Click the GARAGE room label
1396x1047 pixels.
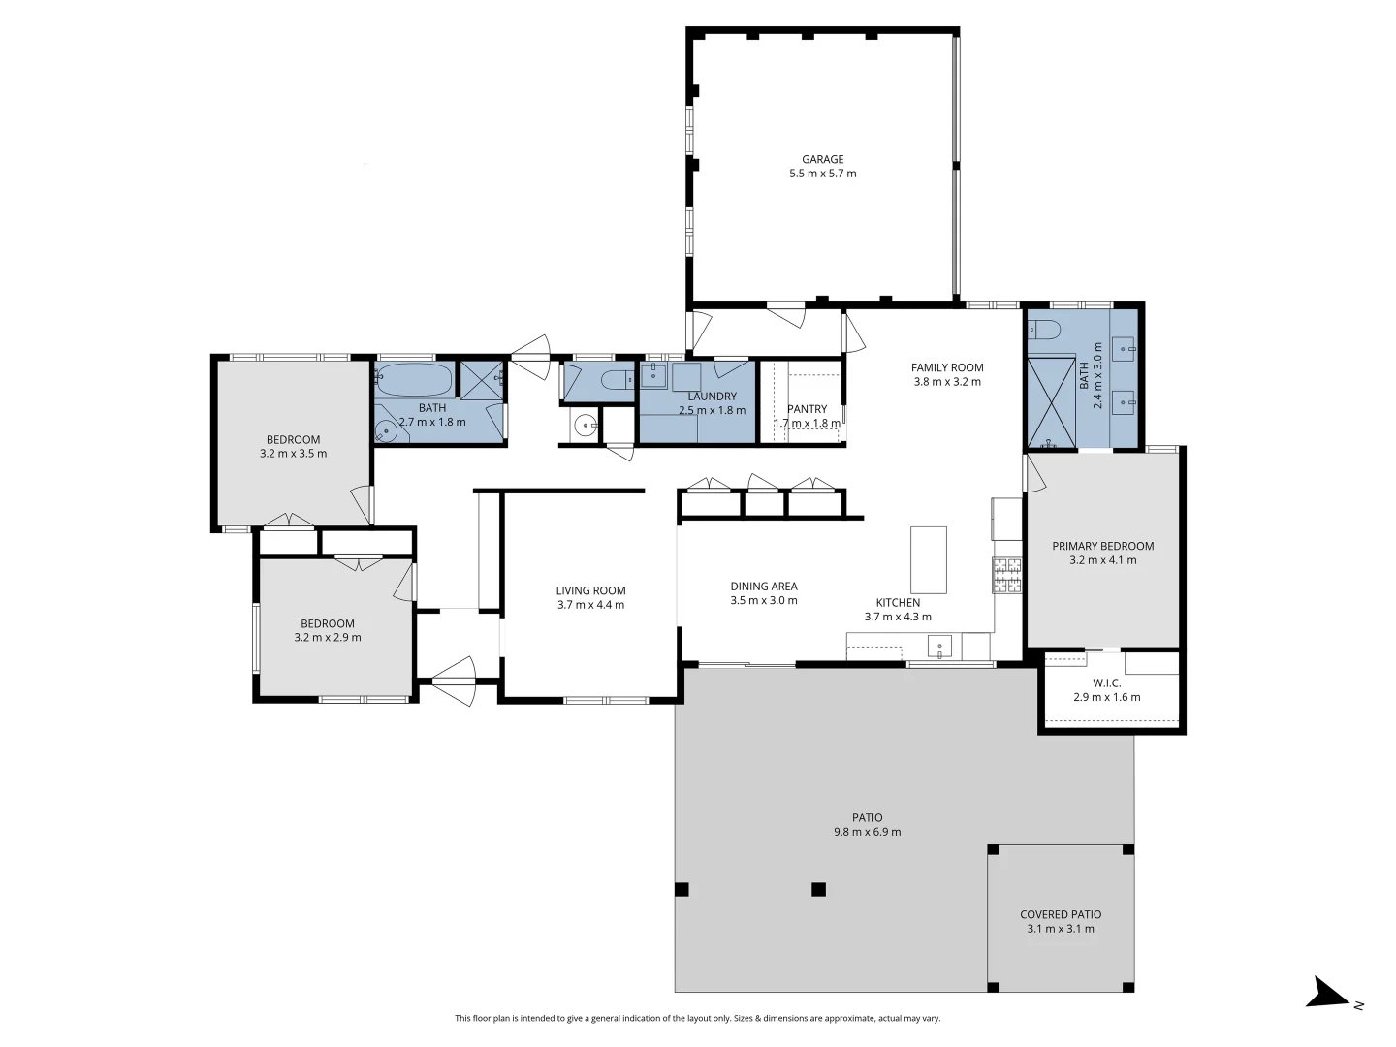822,159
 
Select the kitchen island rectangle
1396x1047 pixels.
928,559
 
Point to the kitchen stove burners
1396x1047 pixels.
1006,575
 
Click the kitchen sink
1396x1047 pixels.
938,648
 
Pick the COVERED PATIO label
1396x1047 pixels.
1061,914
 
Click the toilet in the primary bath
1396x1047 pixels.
1044,330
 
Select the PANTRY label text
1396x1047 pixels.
807,409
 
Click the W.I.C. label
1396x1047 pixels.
1107,682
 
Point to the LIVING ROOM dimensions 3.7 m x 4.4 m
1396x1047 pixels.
590,605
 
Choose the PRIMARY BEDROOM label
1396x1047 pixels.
1103,546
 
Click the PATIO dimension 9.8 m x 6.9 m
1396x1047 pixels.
867,832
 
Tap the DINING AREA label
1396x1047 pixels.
763,587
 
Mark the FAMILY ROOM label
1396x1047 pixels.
947,367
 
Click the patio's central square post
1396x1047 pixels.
818,889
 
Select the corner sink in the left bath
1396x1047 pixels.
386,432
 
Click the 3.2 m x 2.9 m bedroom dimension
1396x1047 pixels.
327,637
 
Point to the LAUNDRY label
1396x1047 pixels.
712,397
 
